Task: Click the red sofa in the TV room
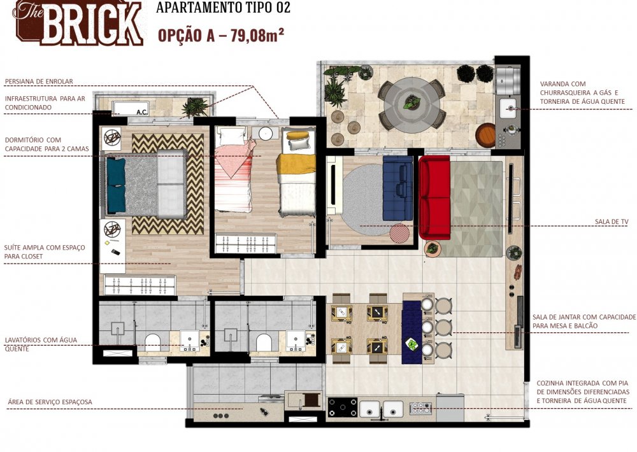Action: (x=434, y=189)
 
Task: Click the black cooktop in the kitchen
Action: (x=342, y=407)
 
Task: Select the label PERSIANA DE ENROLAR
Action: (x=39, y=81)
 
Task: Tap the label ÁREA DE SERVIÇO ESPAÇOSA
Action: (x=50, y=402)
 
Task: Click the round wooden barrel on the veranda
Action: (x=485, y=134)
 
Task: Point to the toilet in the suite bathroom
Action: (x=154, y=342)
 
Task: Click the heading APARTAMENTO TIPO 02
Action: (x=223, y=8)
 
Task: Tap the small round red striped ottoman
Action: (x=399, y=233)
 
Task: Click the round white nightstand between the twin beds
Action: (x=265, y=132)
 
